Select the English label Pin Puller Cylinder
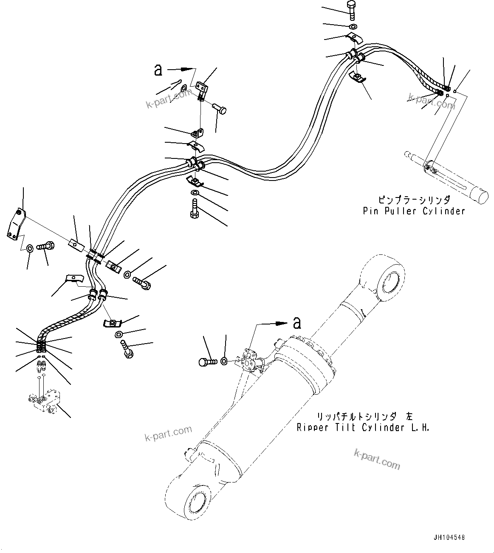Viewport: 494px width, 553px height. pyautogui.click(x=414, y=211)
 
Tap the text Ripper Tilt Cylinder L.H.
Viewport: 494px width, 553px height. pyautogui.click(x=363, y=427)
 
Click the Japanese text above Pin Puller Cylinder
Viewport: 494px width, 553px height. pyautogui.click(x=414, y=199)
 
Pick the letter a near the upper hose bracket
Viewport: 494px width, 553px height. pyautogui.click(x=158, y=70)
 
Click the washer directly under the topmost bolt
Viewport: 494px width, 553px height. pyautogui.click(x=353, y=27)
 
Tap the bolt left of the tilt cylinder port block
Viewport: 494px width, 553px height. pyautogui.click(x=208, y=362)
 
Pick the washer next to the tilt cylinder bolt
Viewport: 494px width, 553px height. pyautogui.click(x=224, y=362)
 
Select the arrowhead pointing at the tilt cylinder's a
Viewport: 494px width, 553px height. pyautogui.click(x=280, y=323)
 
